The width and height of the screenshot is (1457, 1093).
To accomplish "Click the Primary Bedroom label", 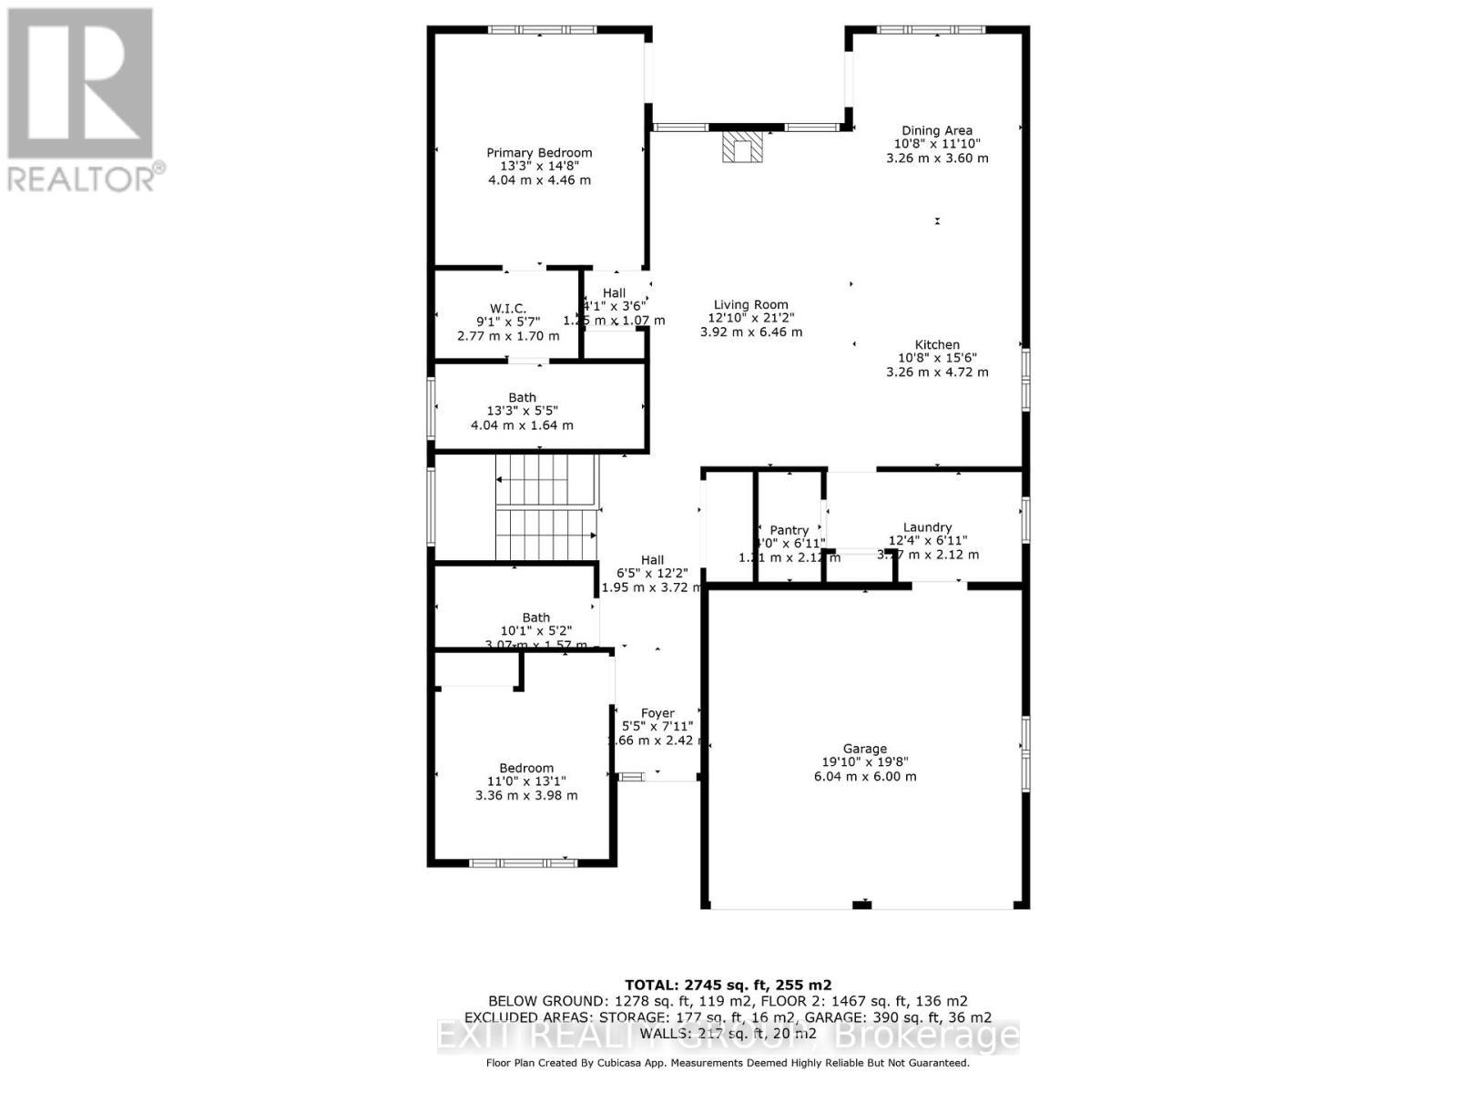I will point(539,153).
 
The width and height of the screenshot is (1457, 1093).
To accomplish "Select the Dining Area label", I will point(937,130).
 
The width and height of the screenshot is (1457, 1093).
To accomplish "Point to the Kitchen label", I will point(937,345).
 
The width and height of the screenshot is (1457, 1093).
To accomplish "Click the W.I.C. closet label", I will point(508,309).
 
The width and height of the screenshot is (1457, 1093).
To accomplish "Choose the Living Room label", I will point(751,305).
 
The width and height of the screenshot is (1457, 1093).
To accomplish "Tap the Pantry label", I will point(789,530).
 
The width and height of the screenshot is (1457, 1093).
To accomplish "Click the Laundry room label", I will point(927,527).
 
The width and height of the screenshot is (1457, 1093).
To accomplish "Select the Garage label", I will point(864,749).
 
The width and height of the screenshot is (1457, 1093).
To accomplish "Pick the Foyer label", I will point(657,713).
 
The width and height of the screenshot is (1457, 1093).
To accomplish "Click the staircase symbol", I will point(545,507).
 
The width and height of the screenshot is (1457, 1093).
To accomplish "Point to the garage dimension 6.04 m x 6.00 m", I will point(865,777).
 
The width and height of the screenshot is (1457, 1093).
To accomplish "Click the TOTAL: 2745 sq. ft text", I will point(728,985).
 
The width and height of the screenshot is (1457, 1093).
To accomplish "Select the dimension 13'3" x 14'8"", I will point(539,167).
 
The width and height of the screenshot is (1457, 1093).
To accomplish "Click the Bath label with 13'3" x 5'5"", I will point(522,397).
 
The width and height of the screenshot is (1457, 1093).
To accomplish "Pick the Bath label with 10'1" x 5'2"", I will point(535,618).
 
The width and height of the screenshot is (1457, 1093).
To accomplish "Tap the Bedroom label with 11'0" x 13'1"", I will point(525,768).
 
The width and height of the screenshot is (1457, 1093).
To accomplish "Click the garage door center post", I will point(861,904).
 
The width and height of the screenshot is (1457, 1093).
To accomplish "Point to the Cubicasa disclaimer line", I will point(728,1062).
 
